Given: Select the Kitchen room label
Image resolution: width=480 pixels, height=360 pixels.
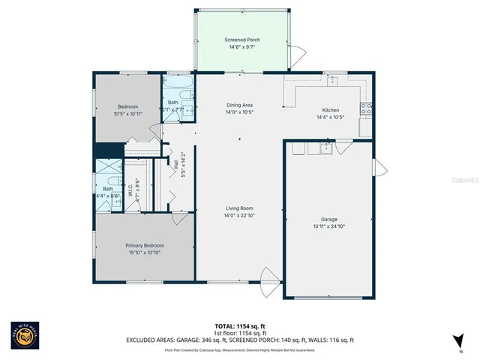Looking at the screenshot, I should point(331,109).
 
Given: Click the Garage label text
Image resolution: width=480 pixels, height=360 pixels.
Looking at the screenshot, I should point(328,219).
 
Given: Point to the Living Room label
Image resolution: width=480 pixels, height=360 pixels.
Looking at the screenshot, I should point(240,208).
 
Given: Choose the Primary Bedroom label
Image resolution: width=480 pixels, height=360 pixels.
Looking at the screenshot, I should point(144,245).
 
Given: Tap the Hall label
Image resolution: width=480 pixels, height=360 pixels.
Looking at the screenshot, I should point(175,160).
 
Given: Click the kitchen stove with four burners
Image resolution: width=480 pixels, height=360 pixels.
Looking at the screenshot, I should point(367,110).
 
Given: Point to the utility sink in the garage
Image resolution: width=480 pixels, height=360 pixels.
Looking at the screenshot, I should point(325,148).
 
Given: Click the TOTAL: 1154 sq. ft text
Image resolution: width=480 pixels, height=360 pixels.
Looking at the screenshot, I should point(240,326).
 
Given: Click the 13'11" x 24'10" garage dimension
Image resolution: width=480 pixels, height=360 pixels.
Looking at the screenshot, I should point(328,226).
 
